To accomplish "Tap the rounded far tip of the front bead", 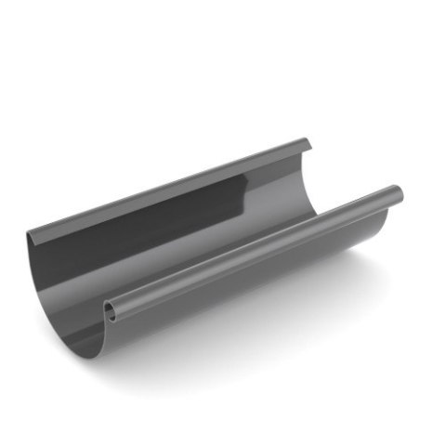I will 398,194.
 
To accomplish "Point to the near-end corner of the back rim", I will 30,233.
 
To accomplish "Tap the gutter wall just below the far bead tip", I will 386,218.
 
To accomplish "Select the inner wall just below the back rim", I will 167,204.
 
